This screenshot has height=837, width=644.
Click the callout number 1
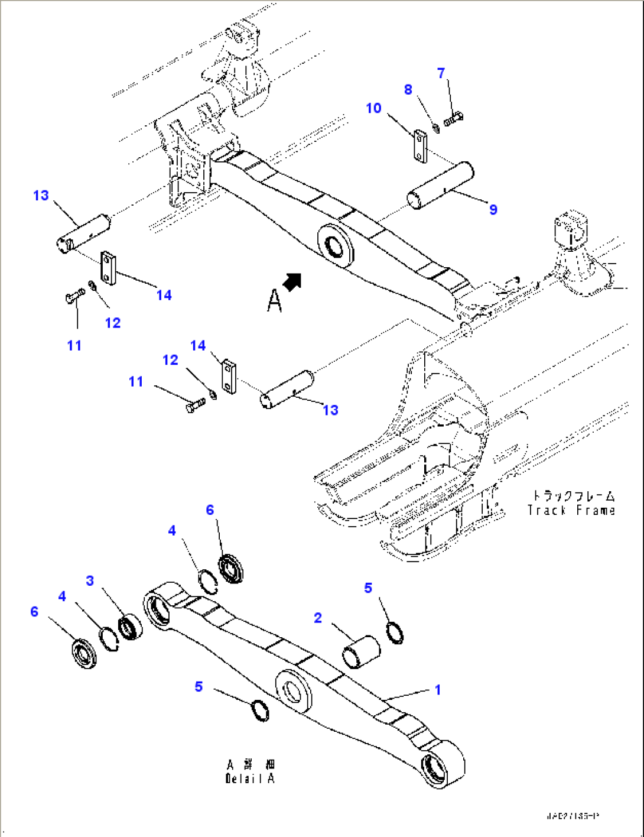pos(438,690)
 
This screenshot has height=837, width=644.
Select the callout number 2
pos(318,618)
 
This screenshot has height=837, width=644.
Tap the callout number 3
pos(90,580)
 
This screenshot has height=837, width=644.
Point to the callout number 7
pos(441,73)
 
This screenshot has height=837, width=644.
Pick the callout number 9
pos(493,209)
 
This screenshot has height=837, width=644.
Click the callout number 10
pos(373,108)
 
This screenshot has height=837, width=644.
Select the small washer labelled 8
pos(436,127)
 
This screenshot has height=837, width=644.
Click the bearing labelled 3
pos(129,627)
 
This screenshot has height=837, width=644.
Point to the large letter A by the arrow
pos(274,300)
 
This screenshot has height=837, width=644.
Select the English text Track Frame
pos(571,511)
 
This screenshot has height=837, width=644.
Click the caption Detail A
pos(250,778)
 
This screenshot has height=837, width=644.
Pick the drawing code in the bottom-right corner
pos(573,816)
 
